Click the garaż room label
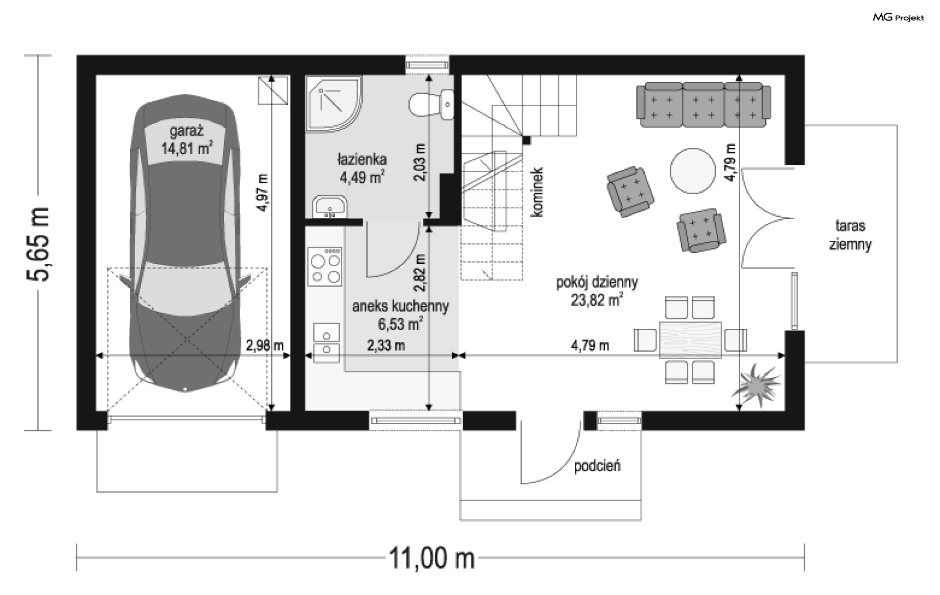click(187, 131)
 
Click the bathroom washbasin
click(330, 207)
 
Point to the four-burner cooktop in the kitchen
click(325, 266)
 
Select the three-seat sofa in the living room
click(704, 105)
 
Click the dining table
click(691, 340)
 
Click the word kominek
click(538, 192)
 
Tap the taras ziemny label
click(850, 235)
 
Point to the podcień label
click(597, 465)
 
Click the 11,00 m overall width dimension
click(432, 558)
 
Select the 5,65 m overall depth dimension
click(38, 244)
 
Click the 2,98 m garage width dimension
click(265, 345)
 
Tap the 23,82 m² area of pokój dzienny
click(597, 299)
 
